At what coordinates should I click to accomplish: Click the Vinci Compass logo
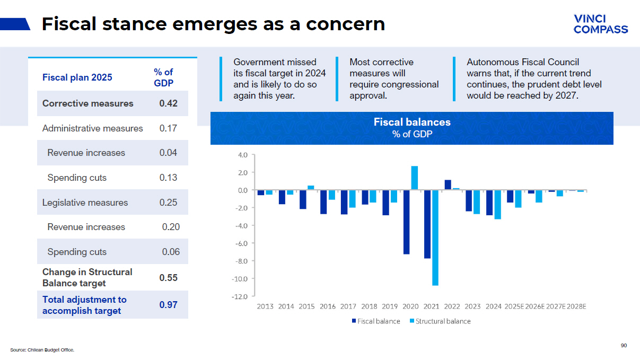click(x=600, y=24)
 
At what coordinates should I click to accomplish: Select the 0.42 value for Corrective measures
click(x=168, y=103)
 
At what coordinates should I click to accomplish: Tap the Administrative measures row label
click(x=92, y=128)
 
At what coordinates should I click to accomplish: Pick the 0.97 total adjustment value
click(x=168, y=305)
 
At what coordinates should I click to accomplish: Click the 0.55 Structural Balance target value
click(x=168, y=278)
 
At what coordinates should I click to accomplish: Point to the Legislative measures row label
click(x=85, y=203)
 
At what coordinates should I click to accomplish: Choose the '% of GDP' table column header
click(x=163, y=77)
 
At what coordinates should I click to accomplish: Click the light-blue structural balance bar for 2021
click(x=435, y=238)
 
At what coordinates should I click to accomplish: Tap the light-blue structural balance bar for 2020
click(x=415, y=178)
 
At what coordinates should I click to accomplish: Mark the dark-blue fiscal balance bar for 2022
click(x=448, y=185)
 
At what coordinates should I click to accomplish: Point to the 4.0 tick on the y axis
click(x=243, y=155)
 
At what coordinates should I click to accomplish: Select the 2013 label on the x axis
click(x=265, y=306)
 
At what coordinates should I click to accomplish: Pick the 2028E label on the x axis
click(x=576, y=306)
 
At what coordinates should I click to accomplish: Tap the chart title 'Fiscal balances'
click(x=412, y=122)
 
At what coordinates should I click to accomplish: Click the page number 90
click(x=624, y=346)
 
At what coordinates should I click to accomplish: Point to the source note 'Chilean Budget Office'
click(x=42, y=350)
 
